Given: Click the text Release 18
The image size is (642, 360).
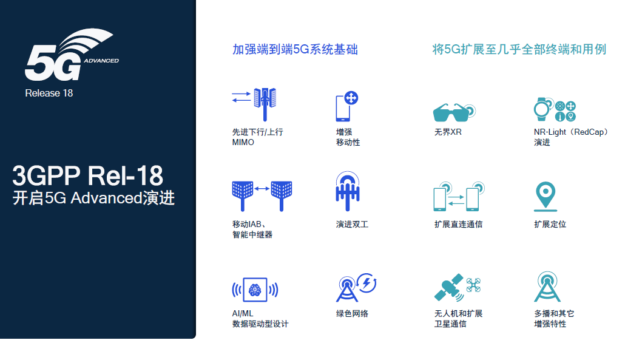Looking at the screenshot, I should (x=49, y=93).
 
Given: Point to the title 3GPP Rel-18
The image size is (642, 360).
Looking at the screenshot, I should (x=88, y=176).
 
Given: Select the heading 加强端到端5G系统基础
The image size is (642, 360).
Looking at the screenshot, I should (x=295, y=50).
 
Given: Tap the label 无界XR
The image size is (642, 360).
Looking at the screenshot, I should (x=448, y=132).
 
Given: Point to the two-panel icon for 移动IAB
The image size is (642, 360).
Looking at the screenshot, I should (x=262, y=192).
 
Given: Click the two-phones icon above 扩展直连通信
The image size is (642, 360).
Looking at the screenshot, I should (x=459, y=196).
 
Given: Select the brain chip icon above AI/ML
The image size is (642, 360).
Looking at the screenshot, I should (x=255, y=290).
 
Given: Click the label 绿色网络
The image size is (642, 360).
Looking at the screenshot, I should (x=352, y=314).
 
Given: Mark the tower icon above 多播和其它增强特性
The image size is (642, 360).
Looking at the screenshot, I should (x=547, y=288).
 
